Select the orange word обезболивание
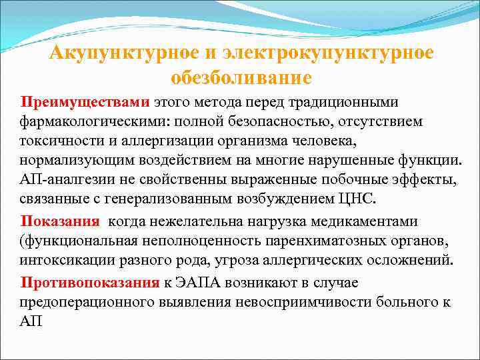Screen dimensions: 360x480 tap(241, 78)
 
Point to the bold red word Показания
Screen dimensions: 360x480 tap(61, 221)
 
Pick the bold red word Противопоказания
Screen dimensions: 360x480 tap(90, 282)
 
